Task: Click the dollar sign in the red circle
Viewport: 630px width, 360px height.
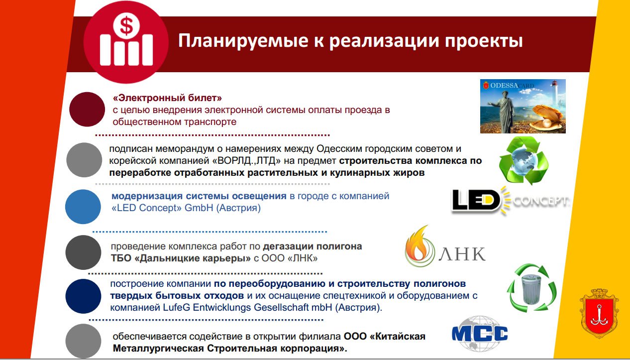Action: pos(126,25)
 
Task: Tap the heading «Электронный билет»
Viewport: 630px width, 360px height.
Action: pos(167,98)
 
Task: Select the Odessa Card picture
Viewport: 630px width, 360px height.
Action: pos(523,106)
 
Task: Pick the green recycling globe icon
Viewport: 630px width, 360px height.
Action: pos(524,160)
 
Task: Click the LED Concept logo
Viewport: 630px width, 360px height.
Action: pos(510,201)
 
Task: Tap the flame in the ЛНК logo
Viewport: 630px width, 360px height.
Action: pos(418,244)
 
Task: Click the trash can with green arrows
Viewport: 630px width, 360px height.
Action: pos(531,288)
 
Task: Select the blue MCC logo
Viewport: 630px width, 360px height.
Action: pos(480,334)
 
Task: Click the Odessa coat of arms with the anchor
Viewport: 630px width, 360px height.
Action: pos(599,313)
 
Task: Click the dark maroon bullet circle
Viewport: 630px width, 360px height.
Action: pos(87,109)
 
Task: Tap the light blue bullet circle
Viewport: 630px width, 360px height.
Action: pos(83,207)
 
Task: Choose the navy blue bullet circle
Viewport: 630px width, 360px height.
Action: pos(83,296)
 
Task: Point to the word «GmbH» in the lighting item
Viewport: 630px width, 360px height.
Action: pos(199,208)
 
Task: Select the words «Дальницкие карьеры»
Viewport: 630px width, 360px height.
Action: pos(193,258)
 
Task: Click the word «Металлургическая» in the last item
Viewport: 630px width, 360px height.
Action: pos(158,349)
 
